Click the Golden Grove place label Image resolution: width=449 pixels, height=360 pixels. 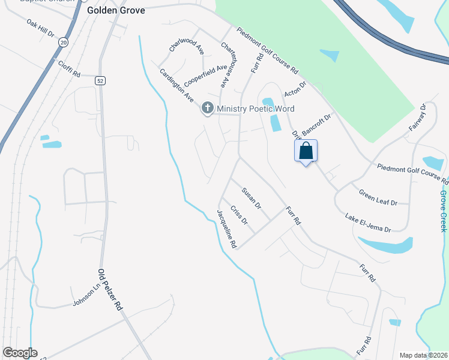click(116, 11)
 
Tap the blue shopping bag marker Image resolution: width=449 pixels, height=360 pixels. click(306, 151)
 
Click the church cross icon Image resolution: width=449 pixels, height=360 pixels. click(208, 109)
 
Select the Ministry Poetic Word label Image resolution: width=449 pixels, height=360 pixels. click(256, 109)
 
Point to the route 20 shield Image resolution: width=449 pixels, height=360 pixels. click(63, 43)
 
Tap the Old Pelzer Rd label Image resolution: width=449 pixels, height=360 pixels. click(110, 289)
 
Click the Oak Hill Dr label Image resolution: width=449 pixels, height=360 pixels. click(40, 27)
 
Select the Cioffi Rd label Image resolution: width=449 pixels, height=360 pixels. click(68, 68)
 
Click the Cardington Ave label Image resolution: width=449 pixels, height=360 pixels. click(176, 85)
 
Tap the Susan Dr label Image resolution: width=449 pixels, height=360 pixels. click(252, 198)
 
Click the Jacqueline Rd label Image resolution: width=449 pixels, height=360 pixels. click(227, 229)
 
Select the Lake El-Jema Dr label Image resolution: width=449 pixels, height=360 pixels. click(368, 222)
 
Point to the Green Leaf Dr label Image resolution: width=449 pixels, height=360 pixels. click(378, 198)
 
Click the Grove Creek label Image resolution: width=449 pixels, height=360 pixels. click(443, 211)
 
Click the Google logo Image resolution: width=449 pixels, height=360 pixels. click(20, 353)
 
